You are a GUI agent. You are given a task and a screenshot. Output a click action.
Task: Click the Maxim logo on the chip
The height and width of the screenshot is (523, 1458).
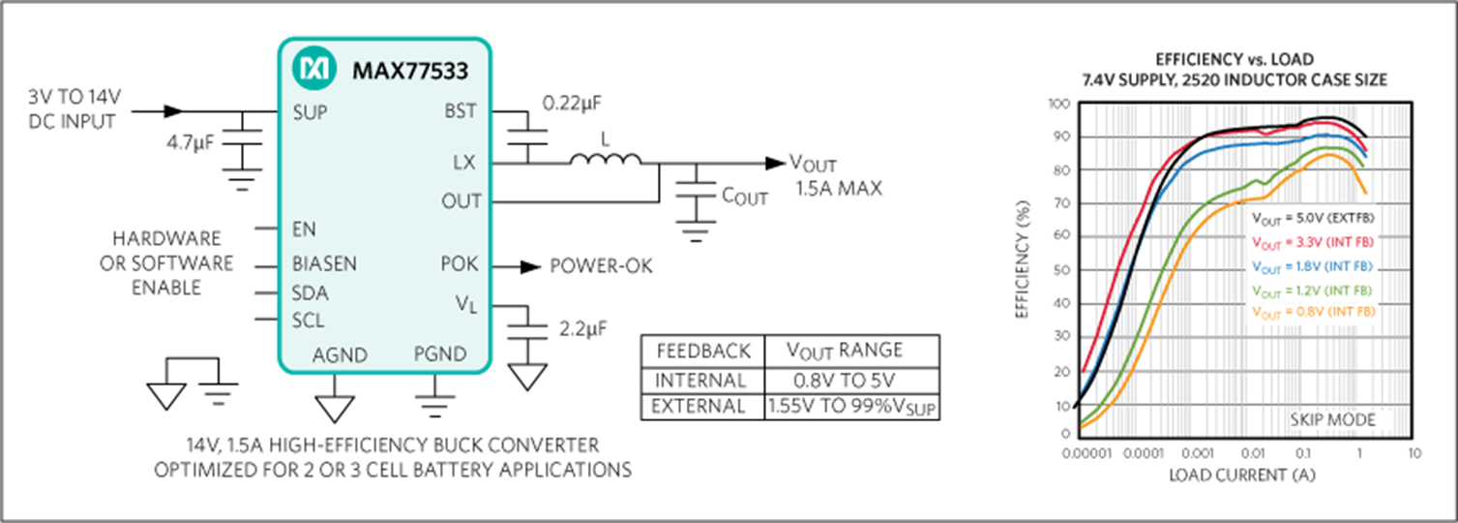(x=314, y=68)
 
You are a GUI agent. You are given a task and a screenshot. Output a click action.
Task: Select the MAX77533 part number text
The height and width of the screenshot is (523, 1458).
(x=410, y=71)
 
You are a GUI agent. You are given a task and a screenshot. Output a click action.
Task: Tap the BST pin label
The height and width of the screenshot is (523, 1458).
(x=461, y=111)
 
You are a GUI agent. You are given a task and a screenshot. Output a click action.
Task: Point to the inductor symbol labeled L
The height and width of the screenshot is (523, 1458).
(x=606, y=158)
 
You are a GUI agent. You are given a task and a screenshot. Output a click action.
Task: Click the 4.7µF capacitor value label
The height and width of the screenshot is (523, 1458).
(x=190, y=142)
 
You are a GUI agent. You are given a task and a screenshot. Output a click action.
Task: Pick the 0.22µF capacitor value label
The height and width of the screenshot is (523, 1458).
(x=572, y=103)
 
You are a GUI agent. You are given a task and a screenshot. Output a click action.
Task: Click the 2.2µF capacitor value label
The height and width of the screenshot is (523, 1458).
(x=582, y=329)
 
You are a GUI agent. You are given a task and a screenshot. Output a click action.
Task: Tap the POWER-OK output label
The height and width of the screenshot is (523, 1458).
(x=601, y=265)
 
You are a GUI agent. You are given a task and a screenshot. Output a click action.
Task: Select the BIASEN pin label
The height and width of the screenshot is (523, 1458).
(x=324, y=263)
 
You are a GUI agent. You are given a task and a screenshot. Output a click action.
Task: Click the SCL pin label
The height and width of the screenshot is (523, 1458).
(x=308, y=321)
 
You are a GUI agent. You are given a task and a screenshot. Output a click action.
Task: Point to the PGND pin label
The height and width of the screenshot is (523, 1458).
(x=440, y=354)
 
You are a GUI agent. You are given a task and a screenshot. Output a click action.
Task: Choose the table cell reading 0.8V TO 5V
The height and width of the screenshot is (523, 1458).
(x=845, y=381)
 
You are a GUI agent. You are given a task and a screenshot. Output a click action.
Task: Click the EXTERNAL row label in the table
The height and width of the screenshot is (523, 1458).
(x=698, y=407)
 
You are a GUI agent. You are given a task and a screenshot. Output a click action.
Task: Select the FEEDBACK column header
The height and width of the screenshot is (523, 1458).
(x=703, y=352)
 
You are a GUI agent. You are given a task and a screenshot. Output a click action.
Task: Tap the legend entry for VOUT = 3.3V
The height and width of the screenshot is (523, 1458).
(x=1312, y=242)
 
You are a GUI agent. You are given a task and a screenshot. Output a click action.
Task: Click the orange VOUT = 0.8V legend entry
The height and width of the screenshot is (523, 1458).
(x=1314, y=313)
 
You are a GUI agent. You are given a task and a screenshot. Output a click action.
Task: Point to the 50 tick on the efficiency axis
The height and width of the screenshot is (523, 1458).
(x=1061, y=269)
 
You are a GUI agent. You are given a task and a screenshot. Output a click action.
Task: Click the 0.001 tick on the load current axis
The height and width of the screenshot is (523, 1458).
(x=1198, y=453)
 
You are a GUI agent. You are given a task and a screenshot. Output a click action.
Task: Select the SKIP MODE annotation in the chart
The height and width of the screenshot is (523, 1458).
(x=1332, y=420)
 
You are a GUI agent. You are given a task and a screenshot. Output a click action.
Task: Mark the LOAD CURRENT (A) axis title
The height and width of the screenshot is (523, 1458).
(x=1242, y=476)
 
